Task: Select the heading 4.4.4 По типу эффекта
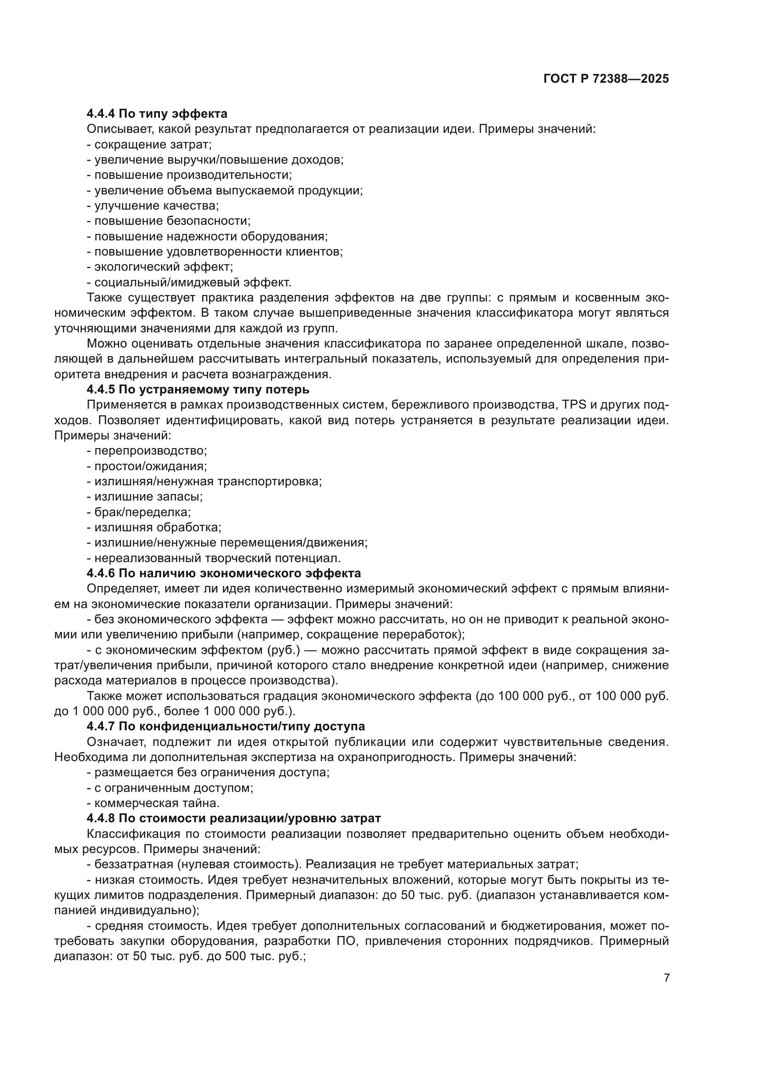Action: pyautogui.click(x=157, y=114)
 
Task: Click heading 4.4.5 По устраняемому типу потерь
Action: pyautogui.click(x=198, y=390)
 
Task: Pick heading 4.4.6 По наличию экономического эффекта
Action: pyautogui.click(x=224, y=573)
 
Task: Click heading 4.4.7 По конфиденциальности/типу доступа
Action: pyautogui.click(x=226, y=726)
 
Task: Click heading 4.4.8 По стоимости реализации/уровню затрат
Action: pyautogui.click(x=233, y=818)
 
